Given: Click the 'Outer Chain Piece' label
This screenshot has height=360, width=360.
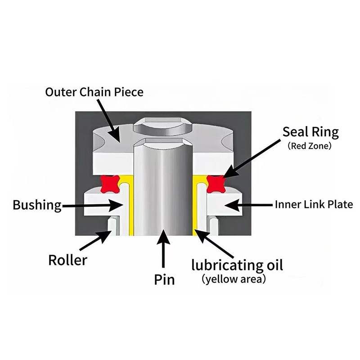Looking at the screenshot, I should point(94,92).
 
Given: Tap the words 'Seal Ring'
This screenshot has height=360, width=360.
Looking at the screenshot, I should point(310,132).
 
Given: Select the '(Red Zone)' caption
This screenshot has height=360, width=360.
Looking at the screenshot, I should point(310,146).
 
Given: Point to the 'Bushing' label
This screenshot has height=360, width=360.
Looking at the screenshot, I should point(37,206).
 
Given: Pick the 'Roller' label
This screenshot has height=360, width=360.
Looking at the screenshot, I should point(67,260).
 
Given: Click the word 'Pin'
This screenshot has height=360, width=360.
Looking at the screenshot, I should point(164,279).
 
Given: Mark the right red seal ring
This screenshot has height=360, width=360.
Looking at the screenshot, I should point(215,183).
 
